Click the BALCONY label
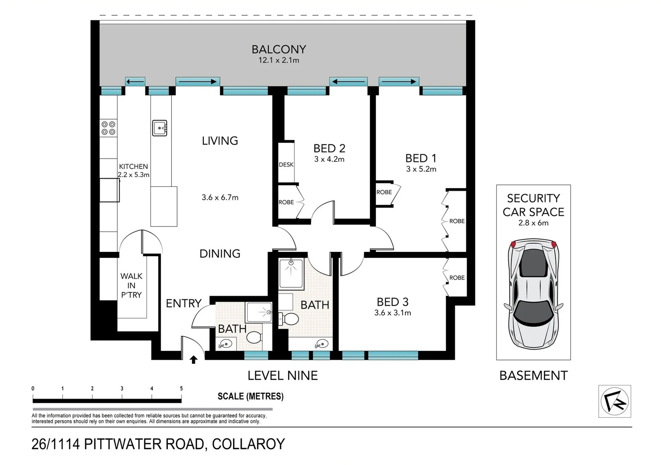pyautogui.click(x=279, y=50)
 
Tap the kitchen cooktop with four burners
pyautogui.click(x=108, y=128)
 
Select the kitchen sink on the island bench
pyautogui.click(x=160, y=128)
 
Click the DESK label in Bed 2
pyautogui.click(x=286, y=164)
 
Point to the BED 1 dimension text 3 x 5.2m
pyautogui.click(x=421, y=169)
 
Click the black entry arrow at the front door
pyautogui.click(x=194, y=360)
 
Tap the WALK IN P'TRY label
pyautogui.click(x=131, y=285)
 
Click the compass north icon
pyautogui.click(x=615, y=401)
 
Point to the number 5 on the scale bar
pyautogui.click(x=181, y=389)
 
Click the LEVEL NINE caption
pyautogui.click(x=283, y=375)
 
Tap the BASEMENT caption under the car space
pyautogui.click(x=533, y=375)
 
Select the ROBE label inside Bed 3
pyautogui.click(x=457, y=278)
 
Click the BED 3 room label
pyautogui.click(x=392, y=302)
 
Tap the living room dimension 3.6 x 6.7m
pyautogui.click(x=220, y=198)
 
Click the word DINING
pyautogui.click(x=220, y=254)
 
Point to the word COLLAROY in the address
pyautogui.click(x=248, y=444)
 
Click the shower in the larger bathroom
pyautogui.click(x=291, y=273)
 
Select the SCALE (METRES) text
pyautogui.click(x=250, y=396)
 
